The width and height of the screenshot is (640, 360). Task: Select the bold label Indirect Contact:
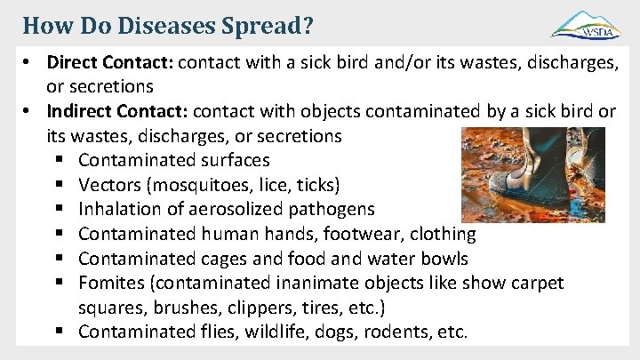point(117,112)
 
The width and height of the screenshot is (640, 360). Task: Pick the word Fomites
point(110,284)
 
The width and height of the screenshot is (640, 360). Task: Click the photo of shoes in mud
point(532,174)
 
